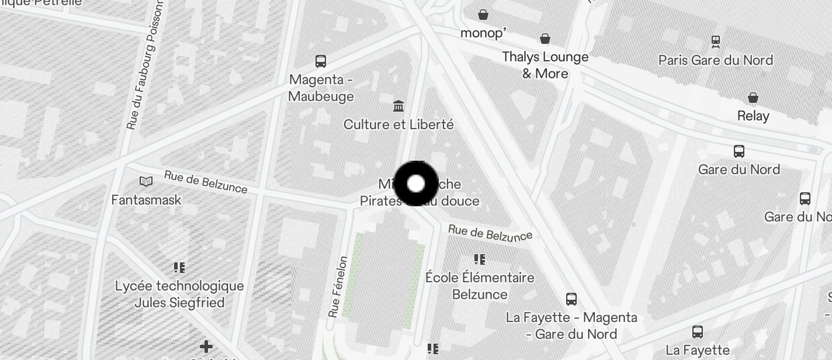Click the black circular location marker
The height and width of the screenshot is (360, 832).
(x=416, y=184)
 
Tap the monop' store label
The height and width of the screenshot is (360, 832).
(x=483, y=33)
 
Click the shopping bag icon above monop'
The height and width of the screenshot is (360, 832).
(x=483, y=14)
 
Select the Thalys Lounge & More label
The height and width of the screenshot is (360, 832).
(x=545, y=65)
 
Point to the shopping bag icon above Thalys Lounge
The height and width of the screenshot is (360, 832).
(x=545, y=39)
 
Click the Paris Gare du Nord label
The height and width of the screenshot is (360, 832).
(x=715, y=60)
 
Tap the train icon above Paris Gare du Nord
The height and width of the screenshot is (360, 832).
(x=715, y=41)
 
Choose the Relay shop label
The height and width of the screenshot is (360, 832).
(x=753, y=116)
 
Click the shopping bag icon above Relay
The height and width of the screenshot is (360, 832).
(x=753, y=97)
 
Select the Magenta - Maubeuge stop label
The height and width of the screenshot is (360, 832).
(x=321, y=88)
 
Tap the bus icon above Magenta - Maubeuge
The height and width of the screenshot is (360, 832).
(x=321, y=61)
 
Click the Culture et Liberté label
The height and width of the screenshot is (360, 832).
(x=398, y=124)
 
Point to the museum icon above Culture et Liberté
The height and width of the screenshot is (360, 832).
(x=398, y=106)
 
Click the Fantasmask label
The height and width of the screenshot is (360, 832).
(x=146, y=200)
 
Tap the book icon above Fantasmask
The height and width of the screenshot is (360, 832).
(x=145, y=182)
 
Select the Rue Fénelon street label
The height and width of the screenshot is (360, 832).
(x=338, y=286)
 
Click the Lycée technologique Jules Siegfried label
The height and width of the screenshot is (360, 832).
(x=179, y=294)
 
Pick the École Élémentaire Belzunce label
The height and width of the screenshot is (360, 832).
(x=480, y=285)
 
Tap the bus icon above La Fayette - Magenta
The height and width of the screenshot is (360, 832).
(x=571, y=299)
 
